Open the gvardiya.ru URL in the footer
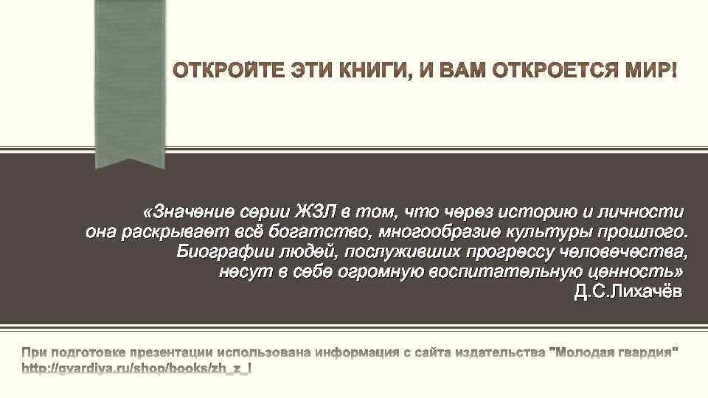[136, 366]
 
